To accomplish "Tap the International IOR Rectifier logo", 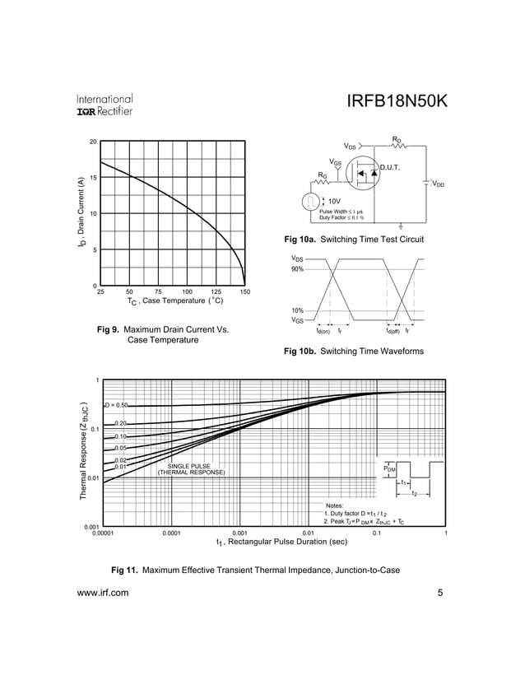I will click(105, 104).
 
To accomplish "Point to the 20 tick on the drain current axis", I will click(94, 142).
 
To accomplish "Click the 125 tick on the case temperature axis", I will click(216, 292).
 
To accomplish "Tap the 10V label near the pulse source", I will click(335, 200).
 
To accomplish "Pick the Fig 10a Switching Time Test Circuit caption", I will click(354, 240).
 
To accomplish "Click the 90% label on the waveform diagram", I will click(297, 269).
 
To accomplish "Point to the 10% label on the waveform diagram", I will click(297, 310).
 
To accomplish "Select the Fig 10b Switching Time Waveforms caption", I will click(354, 352).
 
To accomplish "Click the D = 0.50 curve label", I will click(116, 405).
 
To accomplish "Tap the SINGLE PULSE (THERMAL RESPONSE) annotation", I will click(190, 469).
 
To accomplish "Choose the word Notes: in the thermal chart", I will click(335, 505).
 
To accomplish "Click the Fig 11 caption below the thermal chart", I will click(255, 569).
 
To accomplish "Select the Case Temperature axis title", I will click(175, 302).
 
